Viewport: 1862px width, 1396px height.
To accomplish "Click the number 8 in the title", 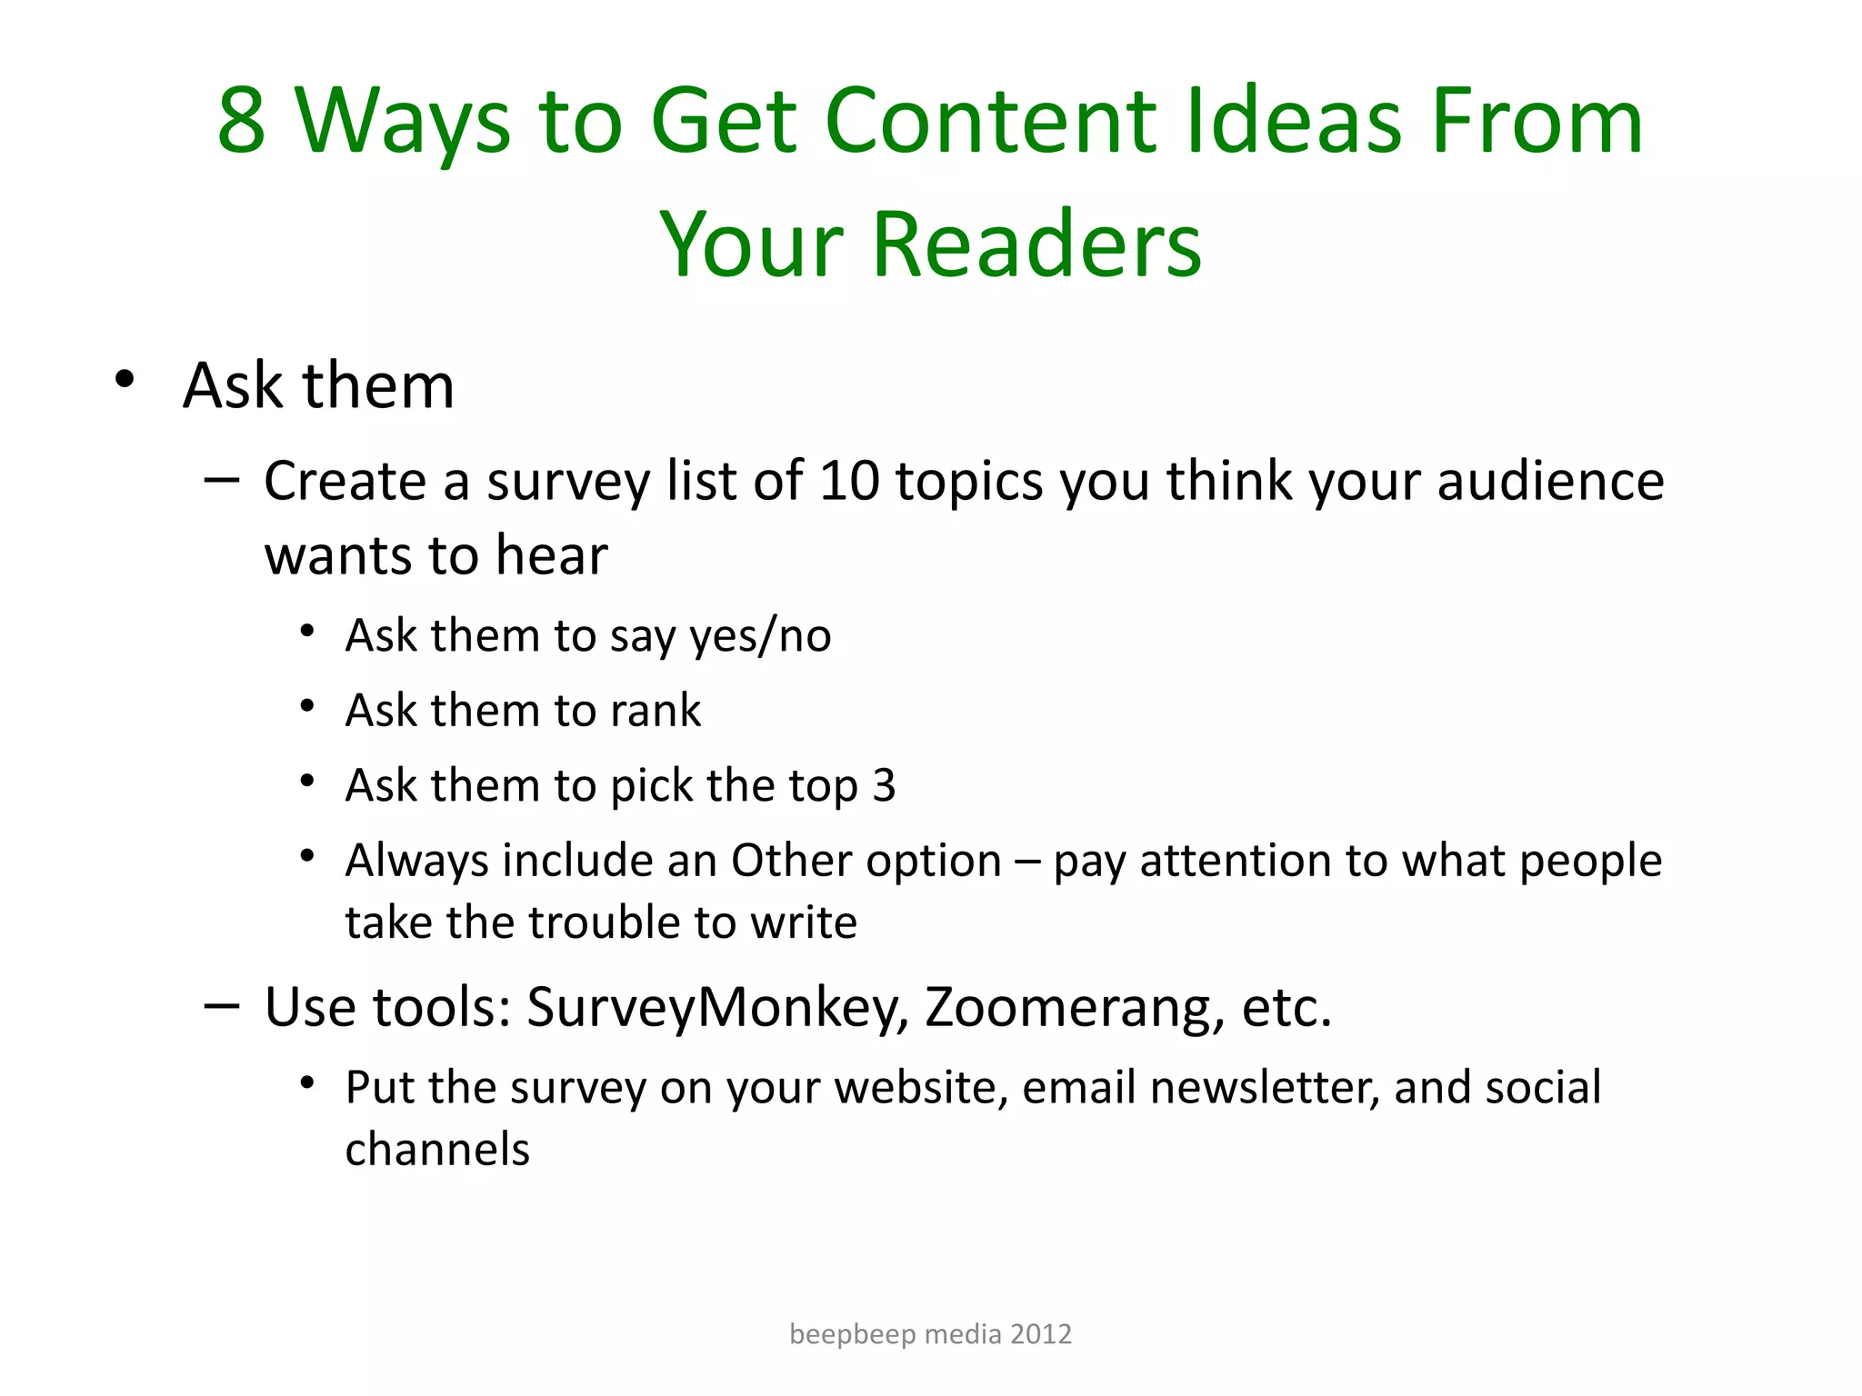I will [242, 121].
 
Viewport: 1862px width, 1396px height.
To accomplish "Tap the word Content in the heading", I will [989, 121].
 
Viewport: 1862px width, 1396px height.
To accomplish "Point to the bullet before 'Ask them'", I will [125, 380].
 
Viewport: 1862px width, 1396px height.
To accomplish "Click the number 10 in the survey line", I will [849, 481].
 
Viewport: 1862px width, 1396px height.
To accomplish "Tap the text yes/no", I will [760, 636].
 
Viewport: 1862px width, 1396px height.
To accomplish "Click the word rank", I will [656, 711].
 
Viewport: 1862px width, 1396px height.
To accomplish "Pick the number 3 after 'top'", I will [884, 785].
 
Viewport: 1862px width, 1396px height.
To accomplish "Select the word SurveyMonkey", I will [718, 1008].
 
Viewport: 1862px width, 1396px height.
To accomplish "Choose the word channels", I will [437, 1150].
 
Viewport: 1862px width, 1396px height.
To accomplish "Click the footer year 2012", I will [1041, 1334].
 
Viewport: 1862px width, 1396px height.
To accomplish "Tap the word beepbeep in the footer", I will [852, 1334].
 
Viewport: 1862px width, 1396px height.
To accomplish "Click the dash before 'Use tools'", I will [222, 1005].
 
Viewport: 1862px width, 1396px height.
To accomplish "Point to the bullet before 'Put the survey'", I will [307, 1082].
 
